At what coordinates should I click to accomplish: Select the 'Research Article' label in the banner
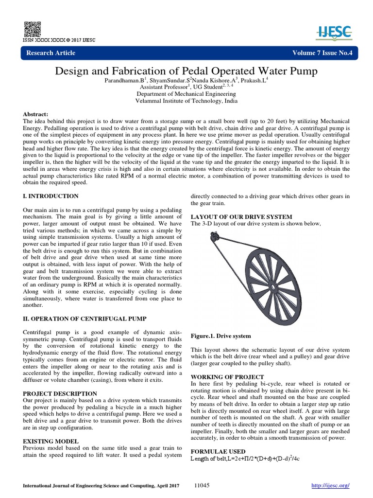51,53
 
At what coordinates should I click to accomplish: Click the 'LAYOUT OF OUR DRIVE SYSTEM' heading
241,216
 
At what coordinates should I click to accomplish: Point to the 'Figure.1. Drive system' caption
221,336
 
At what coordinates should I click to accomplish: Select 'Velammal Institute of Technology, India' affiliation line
186,101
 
